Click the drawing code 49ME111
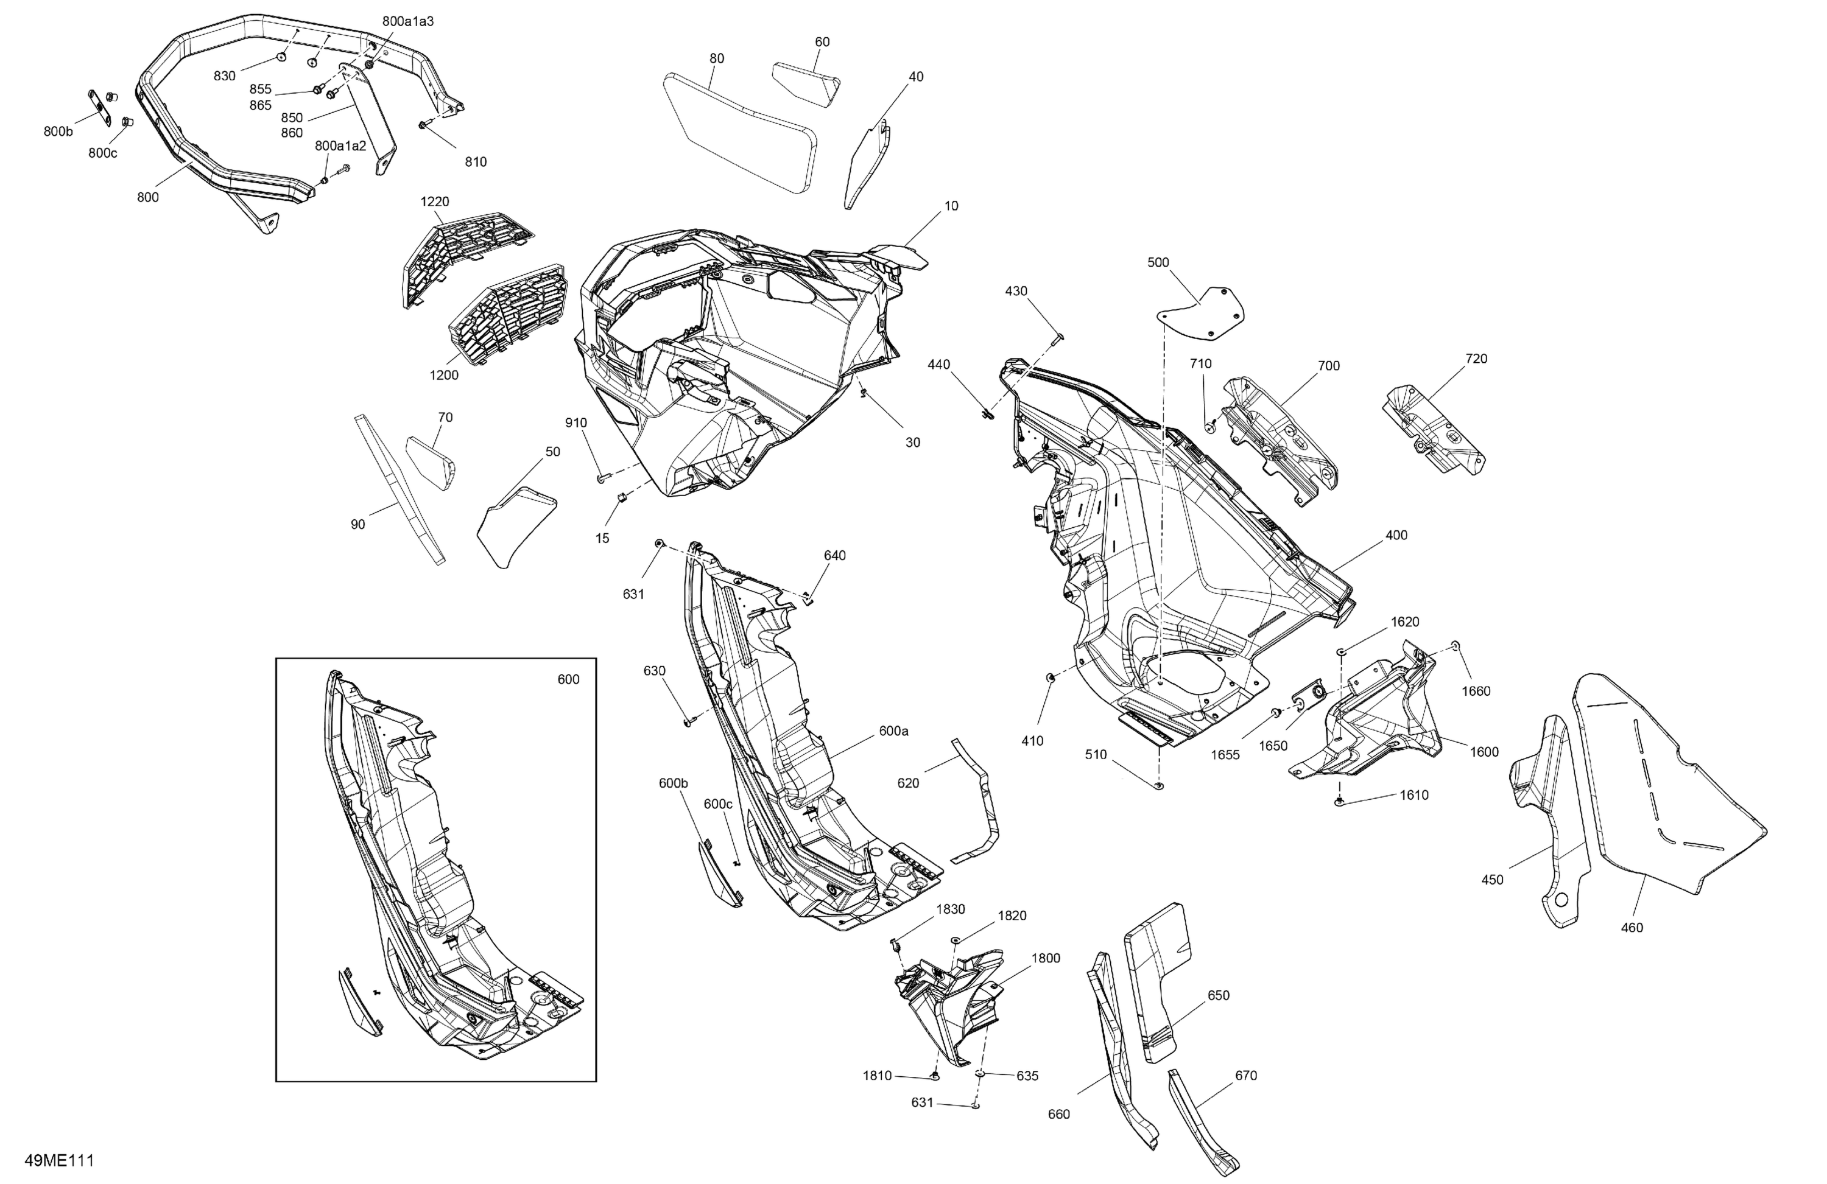[59, 1160]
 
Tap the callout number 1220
[434, 202]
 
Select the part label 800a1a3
[407, 21]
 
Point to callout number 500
[1158, 262]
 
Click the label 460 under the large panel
[1632, 928]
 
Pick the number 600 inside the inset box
[568, 680]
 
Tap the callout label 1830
[951, 909]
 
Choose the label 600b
[673, 783]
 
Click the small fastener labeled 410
[1049, 677]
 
